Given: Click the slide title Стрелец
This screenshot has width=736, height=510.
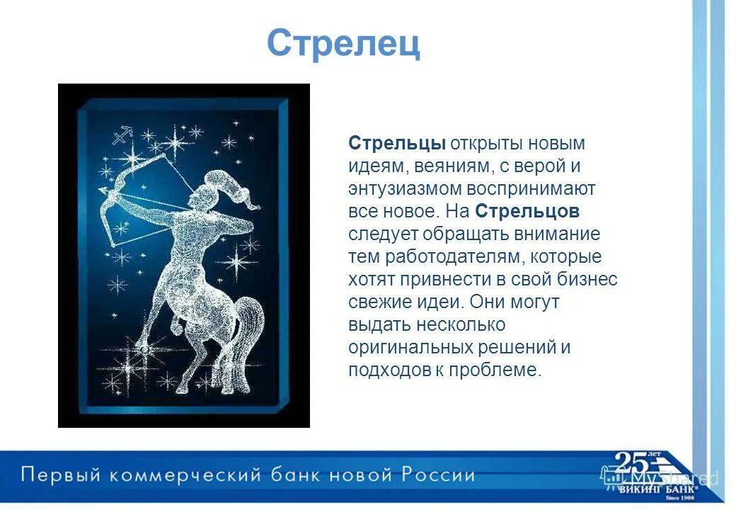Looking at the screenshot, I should pyautogui.click(x=343, y=44).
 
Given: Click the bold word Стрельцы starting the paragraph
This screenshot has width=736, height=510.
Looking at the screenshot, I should pyautogui.click(x=396, y=143).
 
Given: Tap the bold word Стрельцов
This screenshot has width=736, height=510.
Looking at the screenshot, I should pyautogui.click(x=527, y=211).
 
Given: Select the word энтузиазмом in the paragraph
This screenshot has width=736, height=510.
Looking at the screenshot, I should pyautogui.click(x=406, y=188).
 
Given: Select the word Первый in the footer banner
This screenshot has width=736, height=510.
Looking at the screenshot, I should pyautogui.click(x=56, y=474).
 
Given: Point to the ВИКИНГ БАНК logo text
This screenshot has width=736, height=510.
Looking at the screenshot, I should pyautogui.click(x=650, y=488).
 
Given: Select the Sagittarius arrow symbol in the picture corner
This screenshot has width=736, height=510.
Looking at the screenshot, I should pyautogui.click(x=123, y=132).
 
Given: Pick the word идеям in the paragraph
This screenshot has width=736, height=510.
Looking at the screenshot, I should pyautogui.click(x=375, y=166).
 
